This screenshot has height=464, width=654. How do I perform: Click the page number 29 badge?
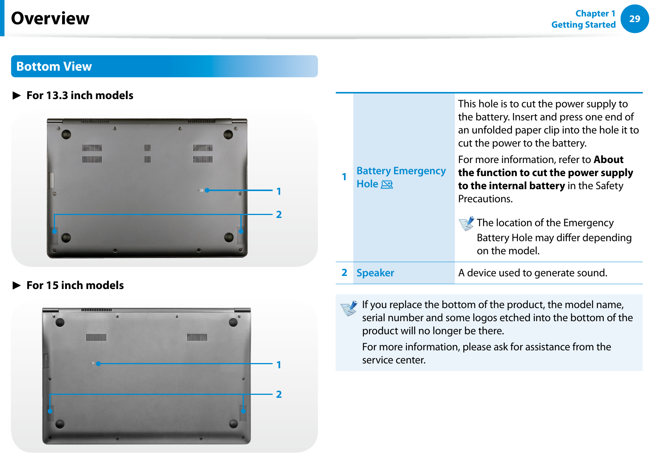coord(635,19)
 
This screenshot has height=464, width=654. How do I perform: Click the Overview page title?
coord(50,18)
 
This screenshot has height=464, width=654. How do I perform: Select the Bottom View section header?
coord(54,67)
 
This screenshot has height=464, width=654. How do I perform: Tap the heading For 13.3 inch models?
coord(80,95)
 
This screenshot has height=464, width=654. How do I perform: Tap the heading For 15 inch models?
coord(75,285)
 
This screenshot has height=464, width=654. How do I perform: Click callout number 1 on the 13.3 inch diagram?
coord(279,191)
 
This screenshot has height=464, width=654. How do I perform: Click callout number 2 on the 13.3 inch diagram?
coord(279,215)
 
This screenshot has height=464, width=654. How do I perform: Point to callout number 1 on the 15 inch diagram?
coord(279,365)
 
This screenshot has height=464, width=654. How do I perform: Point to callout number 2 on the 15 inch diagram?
coord(279,394)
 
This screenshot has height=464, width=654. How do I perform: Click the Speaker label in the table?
coord(375,273)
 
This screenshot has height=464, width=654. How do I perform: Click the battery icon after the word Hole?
coord(387,184)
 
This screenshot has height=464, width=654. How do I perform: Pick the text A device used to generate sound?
coord(532,273)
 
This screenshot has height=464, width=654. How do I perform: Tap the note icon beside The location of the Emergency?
coord(466,224)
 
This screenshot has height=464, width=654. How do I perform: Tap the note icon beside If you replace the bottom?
coord(349,308)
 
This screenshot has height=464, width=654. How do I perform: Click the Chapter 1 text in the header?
coord(595,13)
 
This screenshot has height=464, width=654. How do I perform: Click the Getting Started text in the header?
coord(583,25)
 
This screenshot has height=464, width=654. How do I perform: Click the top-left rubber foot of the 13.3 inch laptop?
coord(66,134)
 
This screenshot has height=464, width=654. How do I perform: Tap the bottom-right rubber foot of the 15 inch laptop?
coord(233,424)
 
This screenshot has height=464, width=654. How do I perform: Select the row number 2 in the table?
coord(344,273)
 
